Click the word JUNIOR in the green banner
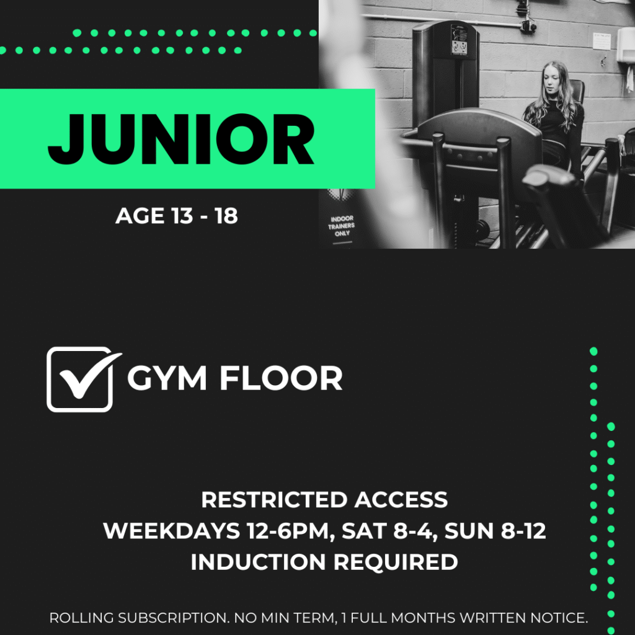point(181,139)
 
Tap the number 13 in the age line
point(182,216)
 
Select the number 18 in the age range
point(226,216)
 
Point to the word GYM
point(167,378)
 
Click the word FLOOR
point(281,378)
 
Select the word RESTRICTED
point(274,500)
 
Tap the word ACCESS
point(401,500)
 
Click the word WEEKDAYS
point(172,531)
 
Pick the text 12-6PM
point(291,531)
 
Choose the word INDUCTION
point(259,562)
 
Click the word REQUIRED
point(396,562)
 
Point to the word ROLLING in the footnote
point(81,618)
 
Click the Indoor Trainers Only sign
point(342,226)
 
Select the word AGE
point(140,216)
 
